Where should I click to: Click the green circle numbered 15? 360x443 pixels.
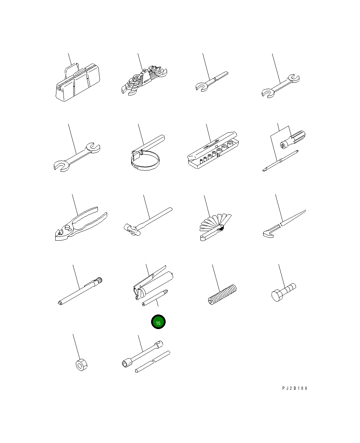tap(158, 322)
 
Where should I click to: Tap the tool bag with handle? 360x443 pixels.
tap(78, 82)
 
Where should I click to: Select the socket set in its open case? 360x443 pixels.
tap(213, 150)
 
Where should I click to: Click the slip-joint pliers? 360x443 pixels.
tap(81, 224)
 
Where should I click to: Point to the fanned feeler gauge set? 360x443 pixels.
tap(215, 227)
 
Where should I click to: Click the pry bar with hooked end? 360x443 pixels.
tap(284, 224)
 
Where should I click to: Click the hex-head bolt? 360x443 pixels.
tap(283, 292)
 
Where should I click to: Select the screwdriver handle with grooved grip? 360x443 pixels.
tap(293, 140)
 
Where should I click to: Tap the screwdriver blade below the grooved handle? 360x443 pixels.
tap(280, 161)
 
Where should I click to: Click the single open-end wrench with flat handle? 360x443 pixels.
tap(212, 82)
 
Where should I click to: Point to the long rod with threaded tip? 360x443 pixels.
tap(80, 291)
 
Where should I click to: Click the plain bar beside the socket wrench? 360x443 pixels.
tap(153, 362)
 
